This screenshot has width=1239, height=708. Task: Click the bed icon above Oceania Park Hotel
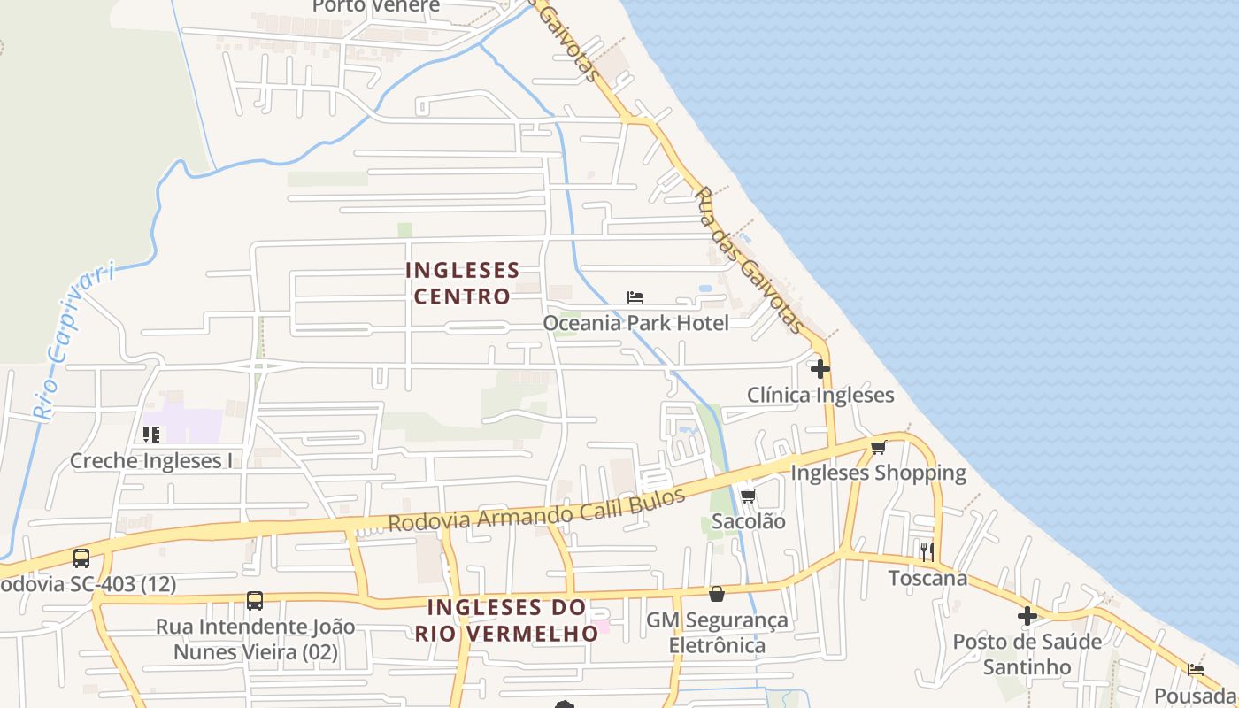(x=635, y=297)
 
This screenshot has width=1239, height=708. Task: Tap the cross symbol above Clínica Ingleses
(x=820, y=368)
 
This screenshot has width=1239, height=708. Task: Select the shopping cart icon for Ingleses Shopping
(x=878, y=448)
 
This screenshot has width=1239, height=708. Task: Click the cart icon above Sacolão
(x=749, y=496)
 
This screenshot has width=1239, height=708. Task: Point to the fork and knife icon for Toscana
(x=927, y=552)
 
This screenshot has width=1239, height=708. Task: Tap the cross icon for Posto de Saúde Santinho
(x=1027, y=616)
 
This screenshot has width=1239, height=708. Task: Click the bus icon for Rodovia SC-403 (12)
(x=81, y=558)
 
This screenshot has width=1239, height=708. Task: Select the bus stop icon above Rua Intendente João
(x=255, y=601)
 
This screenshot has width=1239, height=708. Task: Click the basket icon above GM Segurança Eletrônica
(x=717, y=594)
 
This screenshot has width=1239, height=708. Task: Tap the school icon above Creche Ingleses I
(x=151, y=435)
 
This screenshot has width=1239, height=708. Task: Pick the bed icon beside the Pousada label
(x=1196, y=670)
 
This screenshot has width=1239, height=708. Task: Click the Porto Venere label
(x=376, y=6)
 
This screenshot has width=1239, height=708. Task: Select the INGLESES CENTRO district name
(x=462, y=282)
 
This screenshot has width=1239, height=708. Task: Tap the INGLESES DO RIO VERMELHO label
(x=507, y=620)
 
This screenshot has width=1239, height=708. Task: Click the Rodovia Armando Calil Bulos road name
(x=537, y=511)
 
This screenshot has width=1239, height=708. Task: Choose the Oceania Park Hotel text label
(x=635, y=323)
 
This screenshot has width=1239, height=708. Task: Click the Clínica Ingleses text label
(x=820, y=395)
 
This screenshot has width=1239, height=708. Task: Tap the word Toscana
(x=927, y=579)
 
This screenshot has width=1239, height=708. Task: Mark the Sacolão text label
(x=749, y=521)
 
